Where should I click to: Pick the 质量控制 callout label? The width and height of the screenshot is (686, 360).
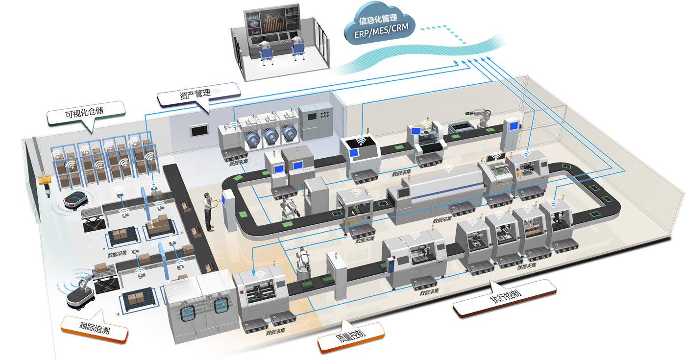pyautogui.click(x=351, y=336)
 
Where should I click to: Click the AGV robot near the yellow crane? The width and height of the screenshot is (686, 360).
pyautogui.click(x=74, y=200)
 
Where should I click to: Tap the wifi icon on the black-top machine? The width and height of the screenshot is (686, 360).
pyautogui.click(x=362, y=142)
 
